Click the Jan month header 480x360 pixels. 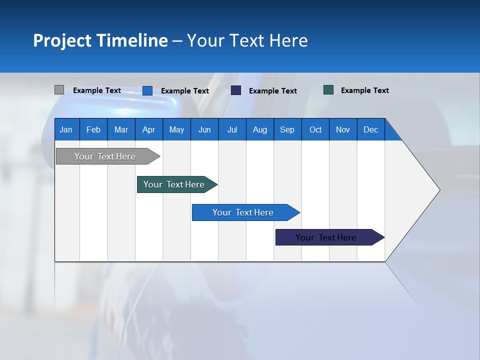click(66, 129)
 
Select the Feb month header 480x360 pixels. click(93, 129)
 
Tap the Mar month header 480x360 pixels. click(121, 129)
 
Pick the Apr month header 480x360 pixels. click(149, 129)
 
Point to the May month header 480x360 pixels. click(176, 129)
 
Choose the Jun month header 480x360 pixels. click(204, 129)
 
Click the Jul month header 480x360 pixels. click(232, 129)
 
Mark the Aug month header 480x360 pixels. click(260, 129)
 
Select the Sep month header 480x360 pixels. click(287, 129)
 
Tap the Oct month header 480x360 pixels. click(315, 129)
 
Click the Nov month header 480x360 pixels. click(343, 129)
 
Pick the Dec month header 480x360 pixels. click(371, 129)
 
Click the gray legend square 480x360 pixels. click(59, 90)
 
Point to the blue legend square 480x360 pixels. click(147, 90)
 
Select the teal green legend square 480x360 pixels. click(328, 90)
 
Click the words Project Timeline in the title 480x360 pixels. click(100, 40)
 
